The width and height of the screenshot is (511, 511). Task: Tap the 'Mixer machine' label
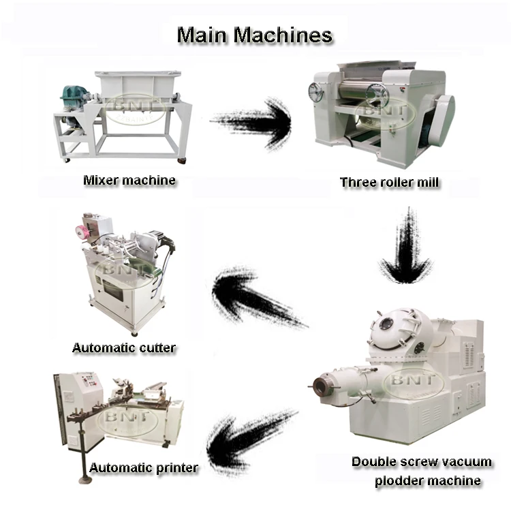click(129, 181)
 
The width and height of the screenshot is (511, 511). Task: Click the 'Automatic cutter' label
click(124, 348)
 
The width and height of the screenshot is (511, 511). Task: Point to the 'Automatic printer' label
click(144, 468)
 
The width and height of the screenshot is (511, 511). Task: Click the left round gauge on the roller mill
click(316, 92)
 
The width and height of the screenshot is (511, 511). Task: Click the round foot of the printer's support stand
click(84, 480)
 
